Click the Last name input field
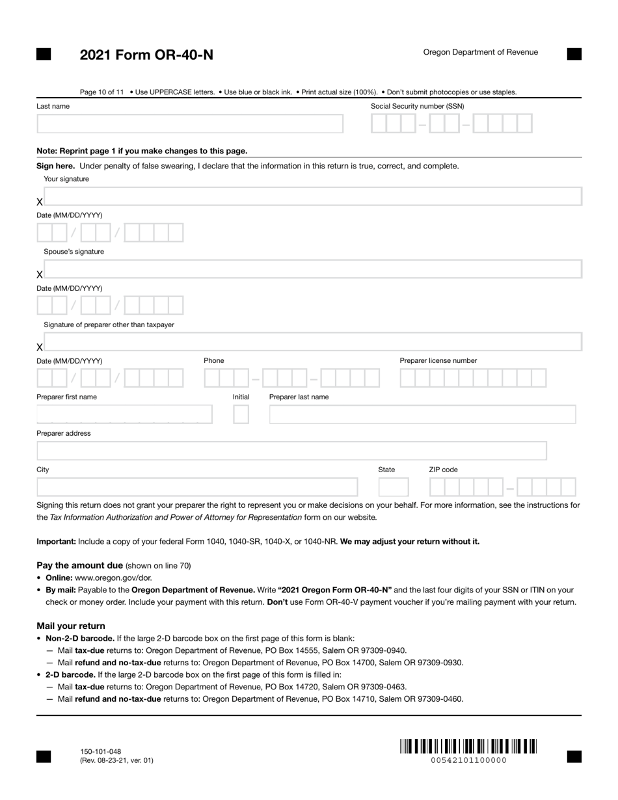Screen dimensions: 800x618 pos(190,124)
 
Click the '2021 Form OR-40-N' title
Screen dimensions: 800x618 pos(146,55)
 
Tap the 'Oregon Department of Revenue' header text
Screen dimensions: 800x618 pos(480,52)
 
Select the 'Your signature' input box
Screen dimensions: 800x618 pos(312,196)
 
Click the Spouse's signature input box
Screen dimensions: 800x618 pos(312,269)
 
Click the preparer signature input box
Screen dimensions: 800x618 pos(312,342)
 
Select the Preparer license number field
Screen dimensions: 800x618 pos(473,378)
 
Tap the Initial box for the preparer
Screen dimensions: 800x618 pos(241,414)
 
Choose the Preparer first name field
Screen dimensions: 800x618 pos(124,414)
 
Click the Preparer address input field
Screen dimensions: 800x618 pos(291,451)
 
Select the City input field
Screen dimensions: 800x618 pos(197,487)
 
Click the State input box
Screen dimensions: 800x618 pos(394,487)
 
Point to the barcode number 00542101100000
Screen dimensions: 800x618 pos(468,760)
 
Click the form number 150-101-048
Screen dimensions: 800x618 pos(100,751)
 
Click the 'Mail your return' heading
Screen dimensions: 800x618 pos(70,626)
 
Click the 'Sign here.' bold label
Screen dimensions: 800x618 pos(55,166)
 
